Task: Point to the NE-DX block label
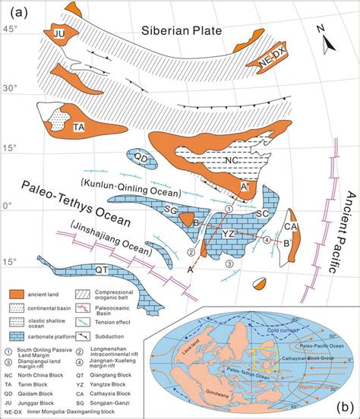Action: pos(268,62)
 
